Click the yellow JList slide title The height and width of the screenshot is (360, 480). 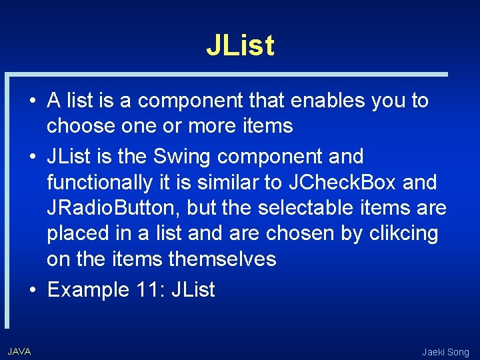(240, 45)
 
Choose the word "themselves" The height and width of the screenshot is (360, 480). (222, 258)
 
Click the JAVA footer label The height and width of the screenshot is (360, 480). (19, 351)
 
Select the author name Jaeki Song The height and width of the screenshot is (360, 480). (445, 352)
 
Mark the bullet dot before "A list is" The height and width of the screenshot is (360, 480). (32, 101)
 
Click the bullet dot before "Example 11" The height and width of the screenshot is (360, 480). (32, 291)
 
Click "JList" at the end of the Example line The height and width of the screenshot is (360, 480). (193, 290)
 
